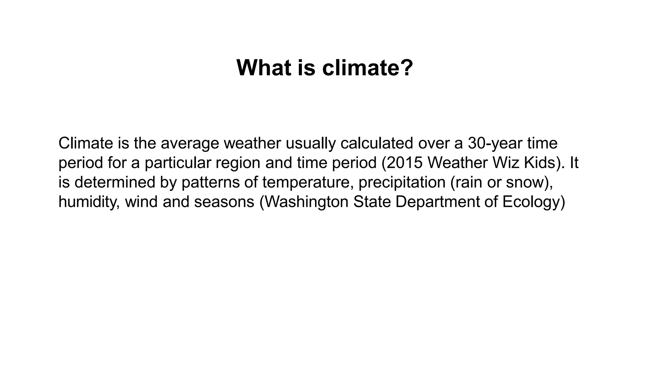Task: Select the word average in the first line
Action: point(190,143)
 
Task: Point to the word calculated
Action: point(376,143)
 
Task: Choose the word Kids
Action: point(539,163)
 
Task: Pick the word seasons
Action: point(224,202)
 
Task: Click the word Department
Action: point(437,202)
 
